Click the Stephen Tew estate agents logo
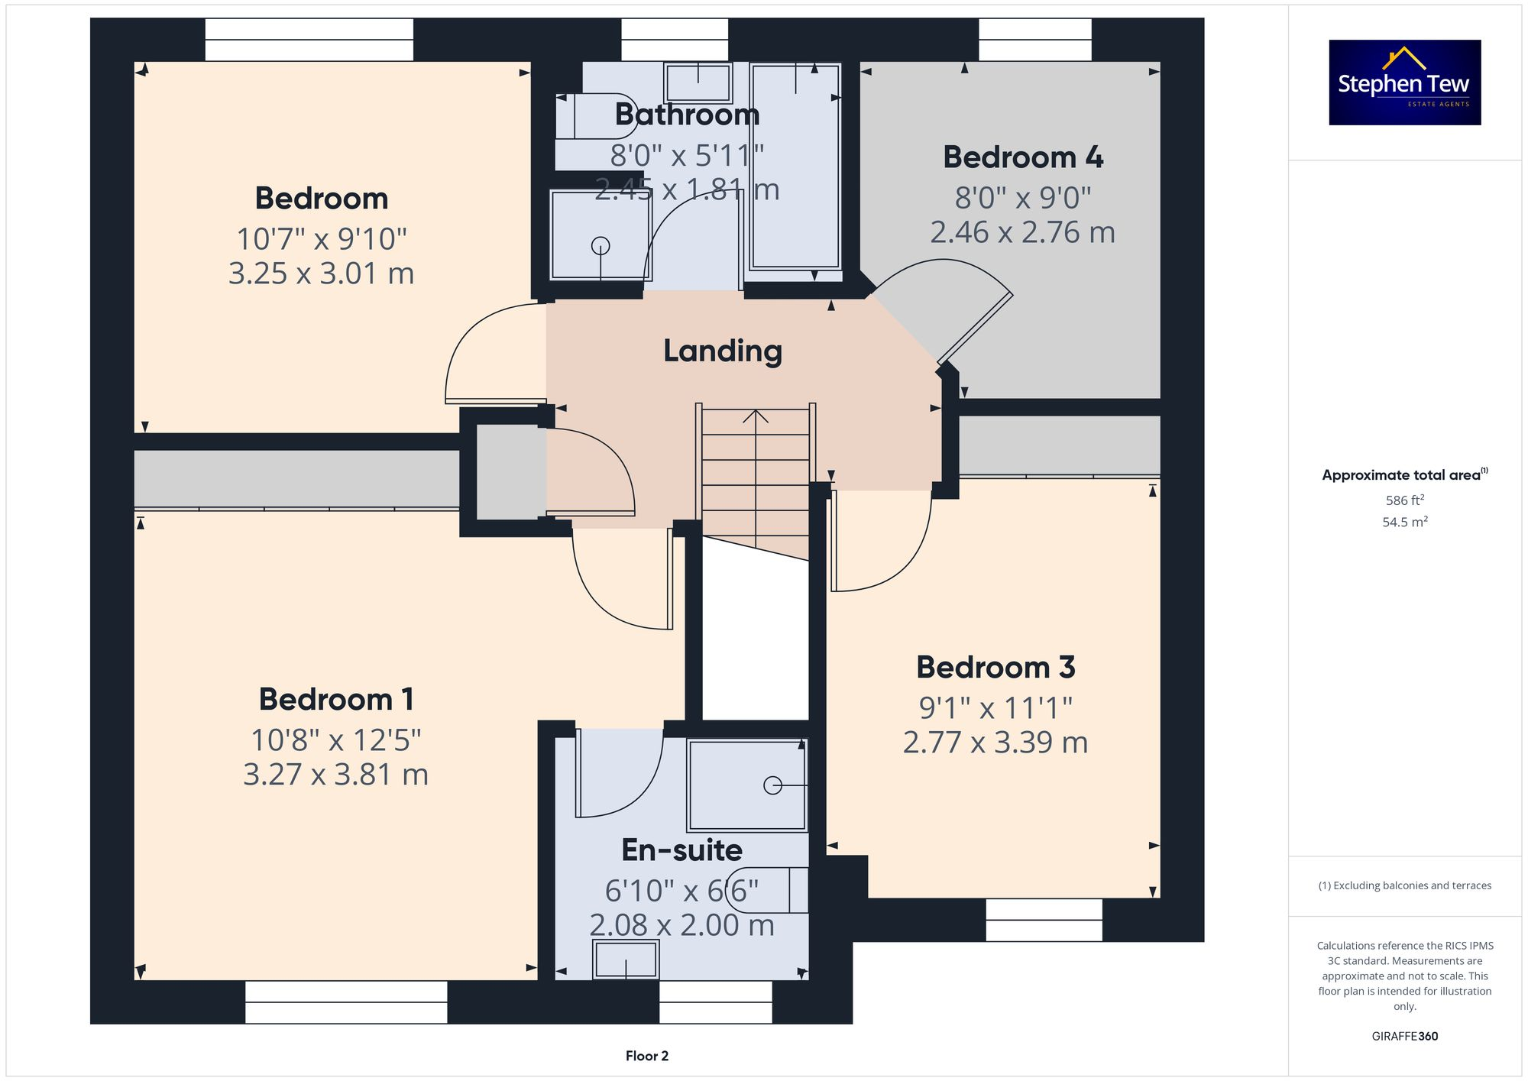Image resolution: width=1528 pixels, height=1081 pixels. (x=1404, y=83)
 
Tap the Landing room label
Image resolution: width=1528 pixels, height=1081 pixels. (x=722, y=351)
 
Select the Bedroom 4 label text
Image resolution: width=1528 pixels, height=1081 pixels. (x=1022, y=157)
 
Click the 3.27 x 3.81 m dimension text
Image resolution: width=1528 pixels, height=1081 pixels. (x=335, y=775)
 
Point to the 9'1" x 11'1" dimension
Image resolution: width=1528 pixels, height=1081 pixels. (x=995, y=708)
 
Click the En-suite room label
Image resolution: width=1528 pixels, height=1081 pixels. (x=681, y=850)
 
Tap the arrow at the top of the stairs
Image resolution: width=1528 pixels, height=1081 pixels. (x=756, y=416)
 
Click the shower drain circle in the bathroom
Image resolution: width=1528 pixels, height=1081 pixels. (x=601, y=246)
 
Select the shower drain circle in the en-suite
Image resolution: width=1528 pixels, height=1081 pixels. (x=772, y=785)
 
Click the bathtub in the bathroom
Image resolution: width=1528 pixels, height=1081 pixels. (x=795, y=168)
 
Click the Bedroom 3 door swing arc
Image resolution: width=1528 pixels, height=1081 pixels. (x=886, y=550)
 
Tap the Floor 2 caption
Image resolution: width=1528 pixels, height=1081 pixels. (x=646, y=1056)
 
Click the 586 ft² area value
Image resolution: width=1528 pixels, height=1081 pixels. (x=1404, y=500)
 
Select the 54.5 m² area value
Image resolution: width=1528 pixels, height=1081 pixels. (x=1404, y=522)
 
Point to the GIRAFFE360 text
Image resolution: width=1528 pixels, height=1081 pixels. (x=1404, y=1036)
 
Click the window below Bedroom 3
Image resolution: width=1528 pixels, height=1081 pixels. (x=1044, y=920)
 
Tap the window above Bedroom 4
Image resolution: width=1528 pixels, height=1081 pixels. (x=1034, y=40)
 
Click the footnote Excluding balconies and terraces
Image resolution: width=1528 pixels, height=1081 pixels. (x=1404, y=885)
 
